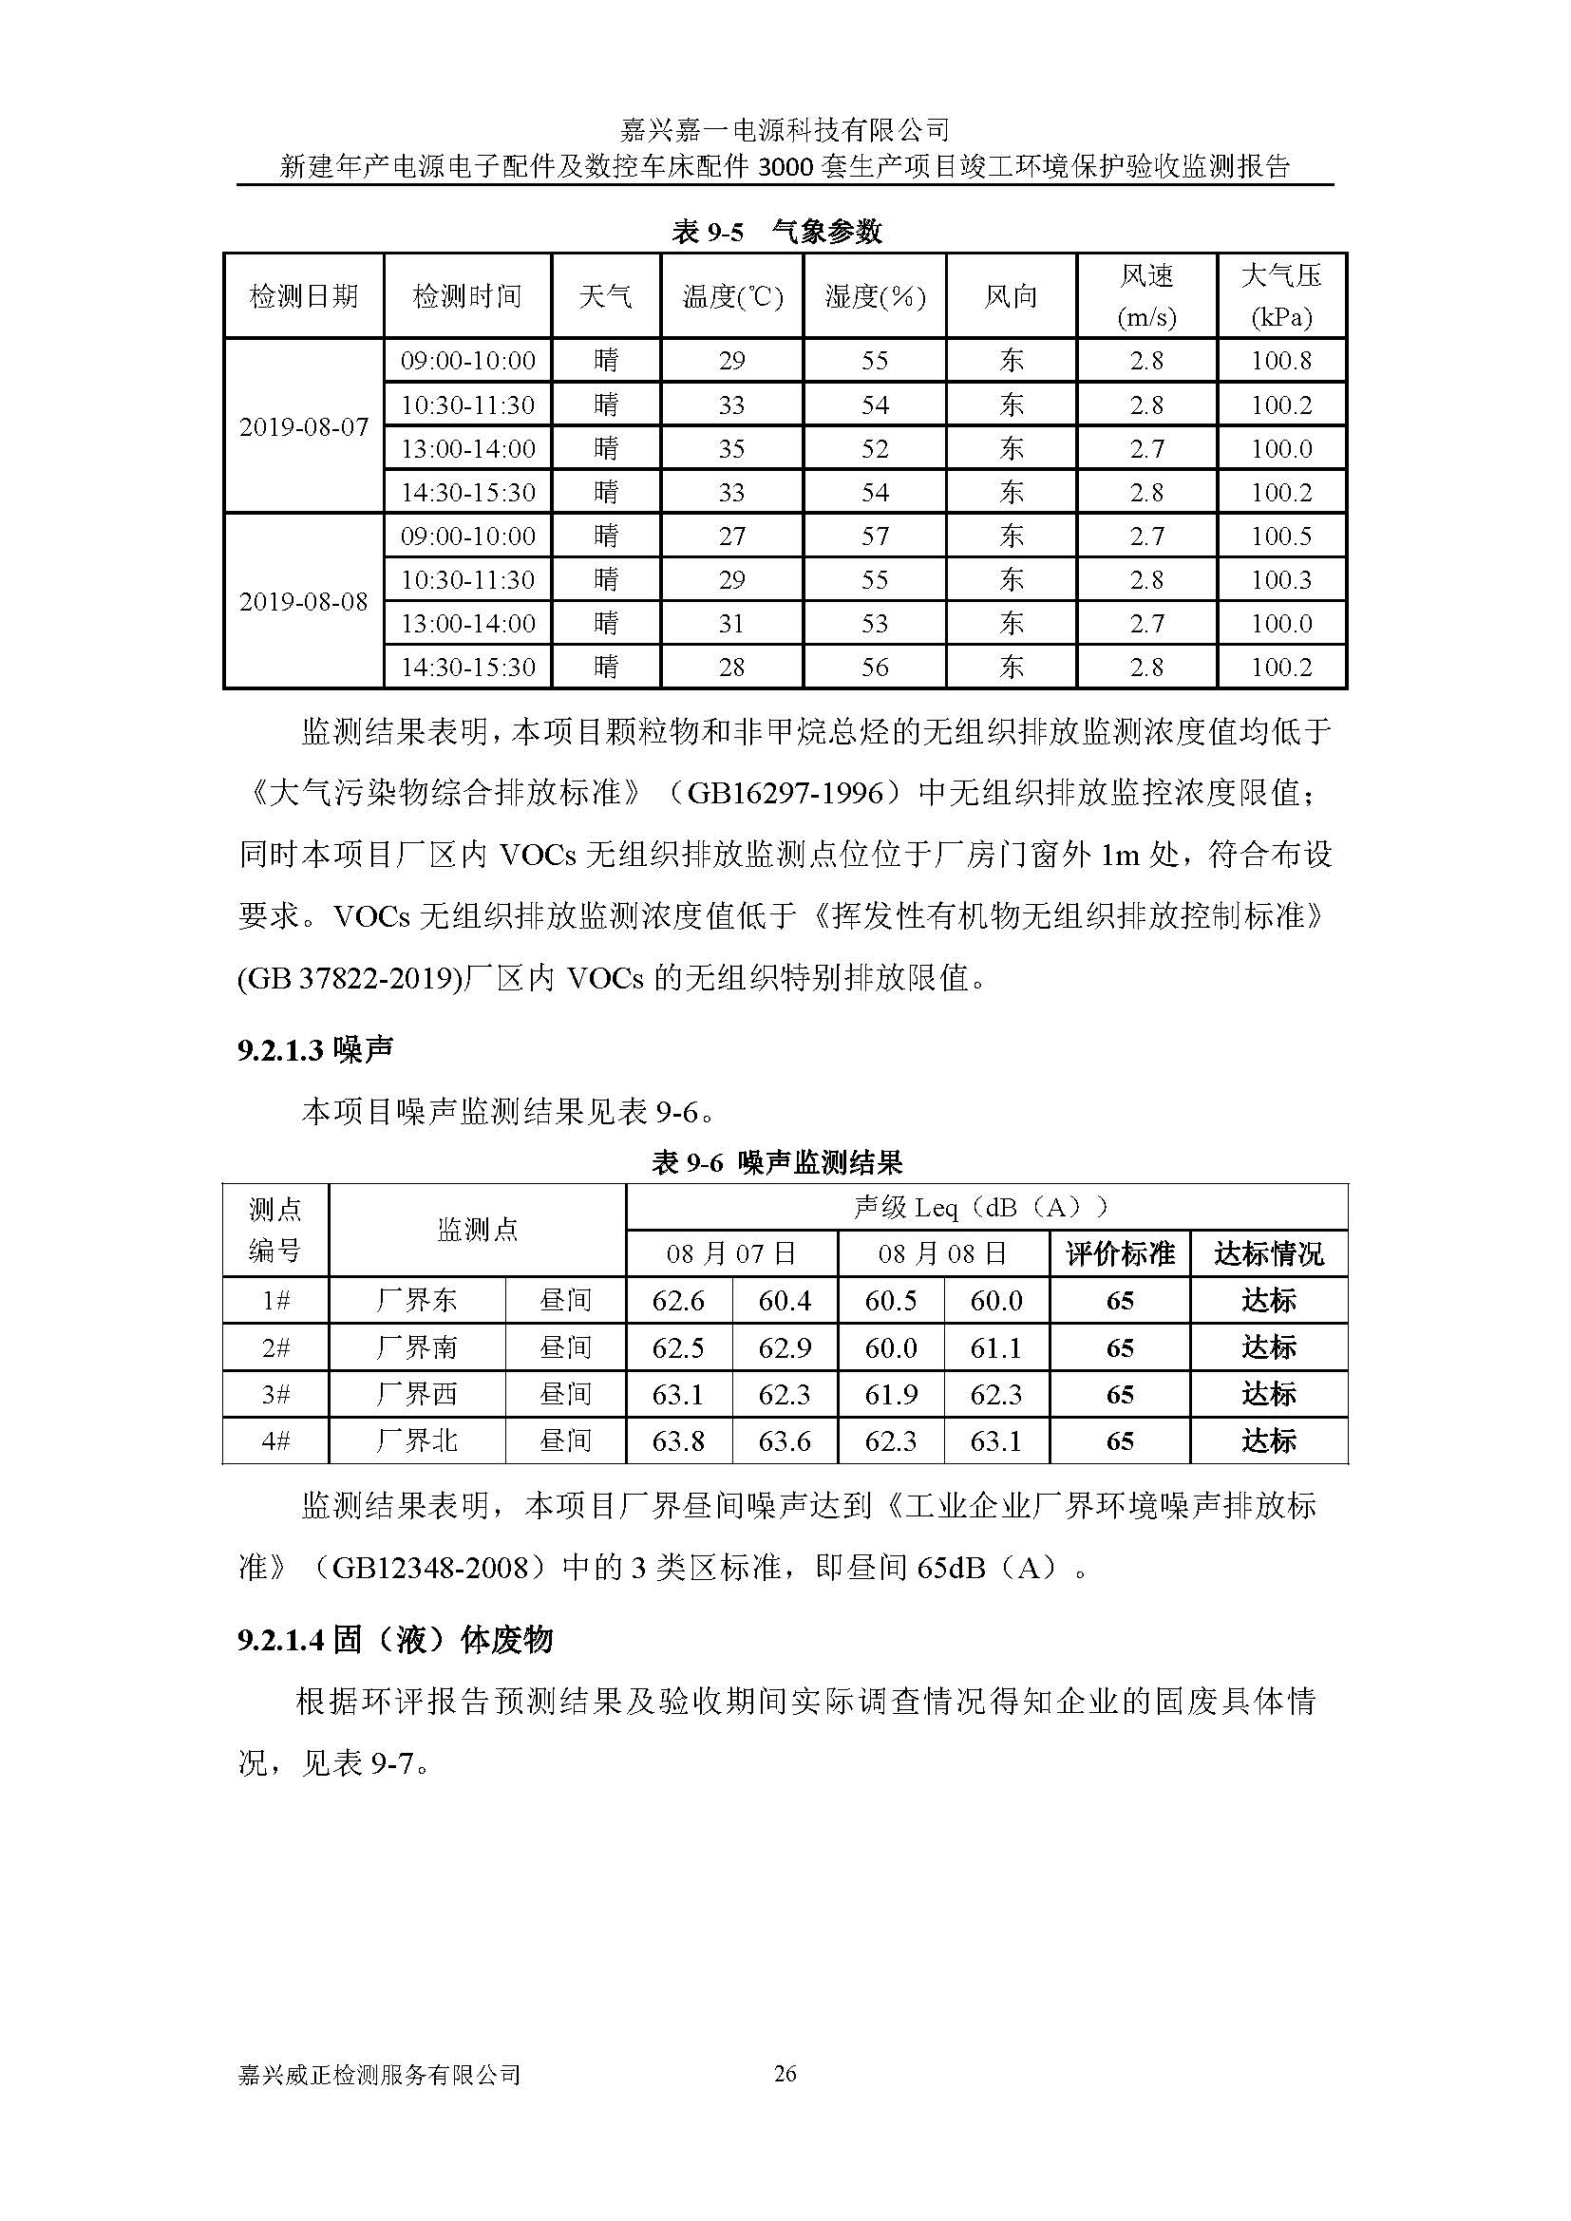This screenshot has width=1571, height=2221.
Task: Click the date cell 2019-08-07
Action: pyautogui.click(x=304, y=426)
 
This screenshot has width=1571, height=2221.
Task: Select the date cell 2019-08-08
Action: pyautogui.click(x=304, y=602)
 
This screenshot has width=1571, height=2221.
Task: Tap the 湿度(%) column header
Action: pyautogui.click(x=875, y=296)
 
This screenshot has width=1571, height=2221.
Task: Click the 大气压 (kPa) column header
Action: pyautogui.click(x=1280, y=296)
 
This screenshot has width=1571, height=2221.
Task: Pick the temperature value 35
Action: pyautogui.click(x=731, y=449)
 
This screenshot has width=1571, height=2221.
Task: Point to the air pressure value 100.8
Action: pyautogui.click(x=1280, y=361)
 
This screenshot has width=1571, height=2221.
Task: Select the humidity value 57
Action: pyautogui.click(x=875, y=536)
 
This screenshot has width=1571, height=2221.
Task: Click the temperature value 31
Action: pyautogui.click(x=731, y=624)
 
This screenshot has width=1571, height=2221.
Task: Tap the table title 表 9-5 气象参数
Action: pyautogui.click(x=777, y=232)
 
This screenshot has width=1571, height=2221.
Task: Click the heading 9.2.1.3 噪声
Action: pyautogui.click(x=315, y=1049)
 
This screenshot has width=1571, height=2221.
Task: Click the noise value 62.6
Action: pyautogui.click(x=678, y=1301)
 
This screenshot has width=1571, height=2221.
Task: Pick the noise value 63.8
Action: pyautogui.click(x=678, y=1442)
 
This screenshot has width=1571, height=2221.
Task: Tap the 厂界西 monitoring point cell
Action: pyautogui.click(x=417, y=1395)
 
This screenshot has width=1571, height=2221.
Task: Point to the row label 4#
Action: pyautogui.click(x=275, y=1442)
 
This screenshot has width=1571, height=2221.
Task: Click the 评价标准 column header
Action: pyautogui.click(x=1119, y=1254)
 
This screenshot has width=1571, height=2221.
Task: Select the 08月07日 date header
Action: pyautogui.click(x=731, y=1254)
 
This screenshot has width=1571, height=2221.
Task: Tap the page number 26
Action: pyautogui.click(x=785, y=2074)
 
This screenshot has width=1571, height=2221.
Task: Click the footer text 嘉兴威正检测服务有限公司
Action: pyautogui.click(x=379, y=2075)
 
